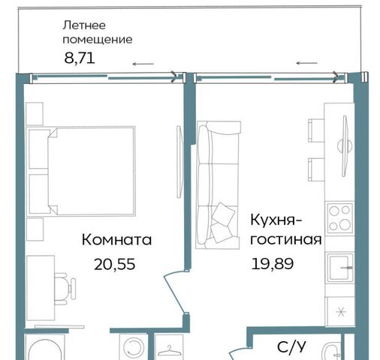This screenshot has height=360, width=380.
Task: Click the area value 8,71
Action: [x=80, y=58]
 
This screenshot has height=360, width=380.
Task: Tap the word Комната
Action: [x=116, y=240]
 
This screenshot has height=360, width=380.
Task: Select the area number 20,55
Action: [x=115, y=265]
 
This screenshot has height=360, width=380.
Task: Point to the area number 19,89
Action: [x=272, y=264]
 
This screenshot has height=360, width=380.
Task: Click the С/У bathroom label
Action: [x=291, y=347]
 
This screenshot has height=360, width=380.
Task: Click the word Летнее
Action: [x=84, y=25]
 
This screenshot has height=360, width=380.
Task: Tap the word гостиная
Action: [x=286, y=239]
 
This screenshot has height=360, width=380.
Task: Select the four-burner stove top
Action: [x=339, y=217]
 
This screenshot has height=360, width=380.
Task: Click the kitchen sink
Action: [x=339, y=267]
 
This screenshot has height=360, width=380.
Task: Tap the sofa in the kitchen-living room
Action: [x=218, y=185]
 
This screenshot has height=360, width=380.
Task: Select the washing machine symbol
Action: [x=133, y=347]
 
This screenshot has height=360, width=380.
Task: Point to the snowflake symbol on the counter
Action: [x=341, y=312]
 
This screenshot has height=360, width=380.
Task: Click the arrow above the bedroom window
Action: [x=143, y=64]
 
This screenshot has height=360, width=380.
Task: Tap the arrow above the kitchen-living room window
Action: [x=307, y=63]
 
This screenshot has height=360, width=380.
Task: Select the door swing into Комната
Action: [x=174, y=291]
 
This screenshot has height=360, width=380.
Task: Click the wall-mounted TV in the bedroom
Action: [x=179, y=162]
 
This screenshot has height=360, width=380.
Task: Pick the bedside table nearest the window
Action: [x=35, y=114]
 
